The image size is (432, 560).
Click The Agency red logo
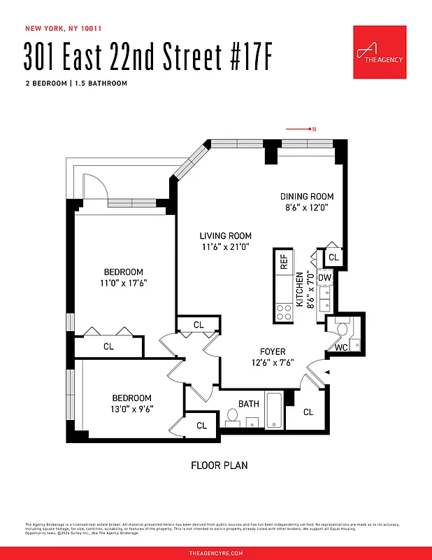380,52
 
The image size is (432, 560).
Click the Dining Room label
307,197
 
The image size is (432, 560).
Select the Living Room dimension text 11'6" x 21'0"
225,247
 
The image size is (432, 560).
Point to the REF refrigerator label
284,262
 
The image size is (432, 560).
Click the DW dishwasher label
324,278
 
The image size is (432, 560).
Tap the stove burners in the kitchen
285,311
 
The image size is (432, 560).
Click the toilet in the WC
342,329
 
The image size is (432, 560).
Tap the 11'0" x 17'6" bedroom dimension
124,283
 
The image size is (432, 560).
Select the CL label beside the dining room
333,258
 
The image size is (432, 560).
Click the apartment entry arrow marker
326,371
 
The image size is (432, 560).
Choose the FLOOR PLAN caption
219,465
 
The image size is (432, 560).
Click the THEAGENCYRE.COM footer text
216,553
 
